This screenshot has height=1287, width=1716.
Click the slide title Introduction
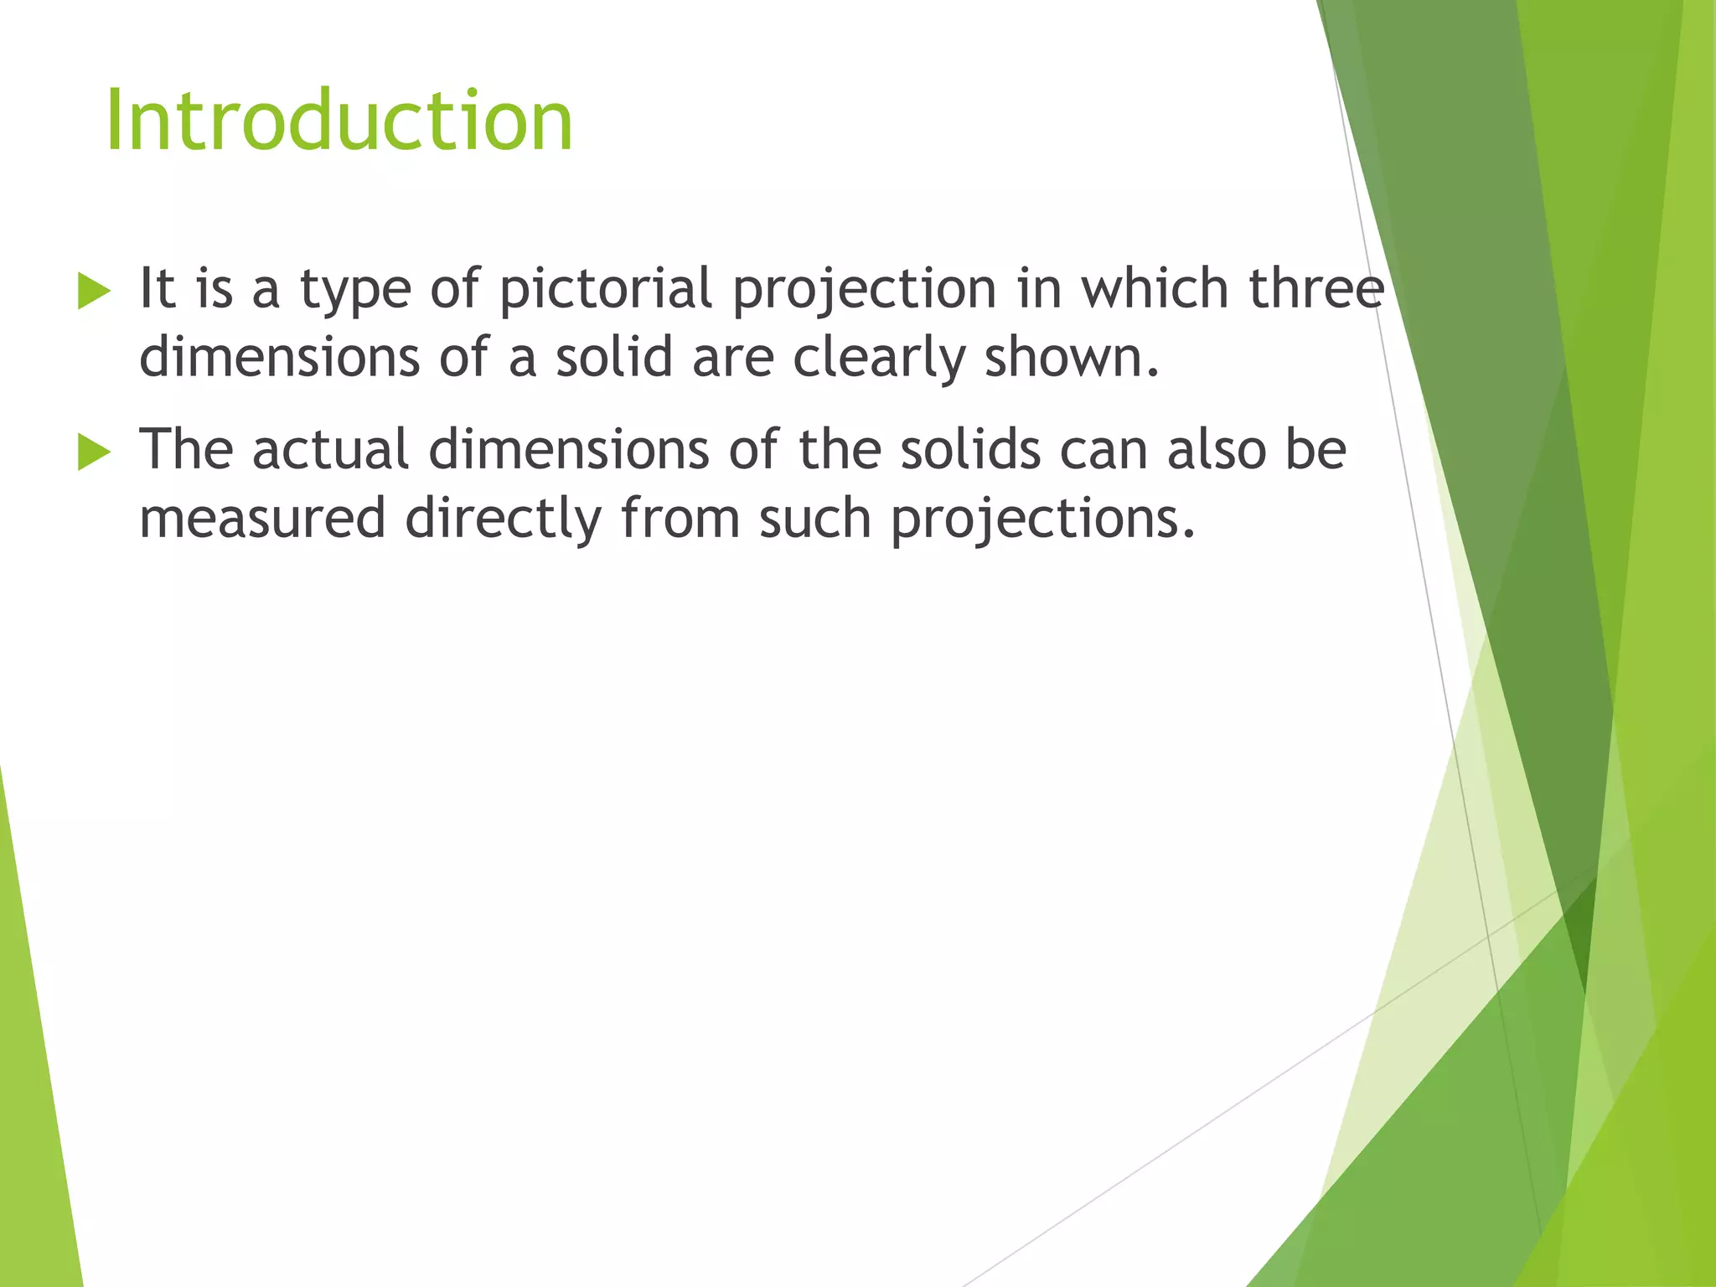tap(339, 122)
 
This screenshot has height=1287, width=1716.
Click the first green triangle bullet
tap(94, 291)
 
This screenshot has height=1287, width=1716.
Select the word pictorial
tap(605, 289)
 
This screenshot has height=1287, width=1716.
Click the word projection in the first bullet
tap(864, 289)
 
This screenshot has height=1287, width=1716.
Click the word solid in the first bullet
tap(613, 357)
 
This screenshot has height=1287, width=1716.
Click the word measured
tap(262, 519)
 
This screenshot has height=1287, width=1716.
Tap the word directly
tap(503, 519)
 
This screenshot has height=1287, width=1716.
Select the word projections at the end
tap(1041, 519)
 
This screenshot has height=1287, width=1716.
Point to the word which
tap(1154, 289)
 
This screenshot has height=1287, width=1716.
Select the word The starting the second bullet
tap(185, 450)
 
